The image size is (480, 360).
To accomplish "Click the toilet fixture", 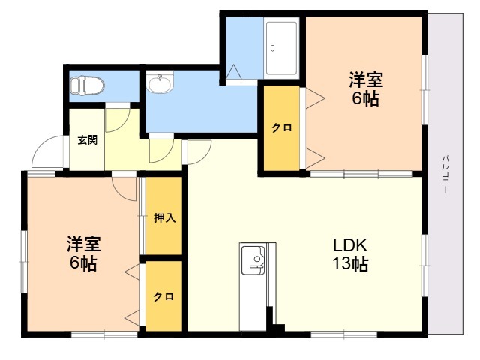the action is pos(87,85).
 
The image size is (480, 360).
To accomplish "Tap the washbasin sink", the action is pos(160,82).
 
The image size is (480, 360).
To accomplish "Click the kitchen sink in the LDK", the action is pos(253,260).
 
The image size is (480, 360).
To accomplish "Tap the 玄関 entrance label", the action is pos(87,140).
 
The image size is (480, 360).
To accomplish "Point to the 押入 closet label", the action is pos(164,218).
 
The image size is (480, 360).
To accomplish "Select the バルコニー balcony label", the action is pos(445,174).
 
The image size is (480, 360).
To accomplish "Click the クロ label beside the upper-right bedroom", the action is pos(282,127).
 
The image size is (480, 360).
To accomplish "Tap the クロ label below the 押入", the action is pos(163,296).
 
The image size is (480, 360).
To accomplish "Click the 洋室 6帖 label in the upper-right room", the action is pos(365,88).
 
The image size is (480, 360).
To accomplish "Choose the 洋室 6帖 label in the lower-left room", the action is pos(83,253).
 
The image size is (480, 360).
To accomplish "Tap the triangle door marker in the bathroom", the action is pos(233,72).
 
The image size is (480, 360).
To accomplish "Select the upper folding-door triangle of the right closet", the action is pos(315,98).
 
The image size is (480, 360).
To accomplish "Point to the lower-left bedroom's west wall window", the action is pos(23,262).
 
